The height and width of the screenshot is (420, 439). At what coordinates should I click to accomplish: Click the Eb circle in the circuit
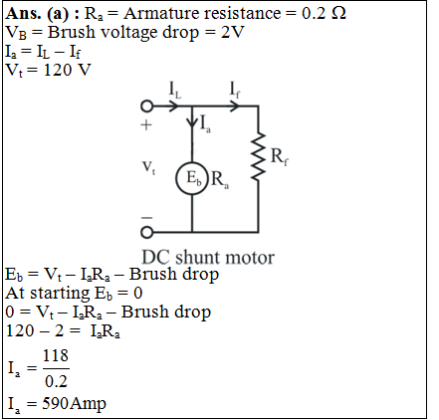tap(176, 178)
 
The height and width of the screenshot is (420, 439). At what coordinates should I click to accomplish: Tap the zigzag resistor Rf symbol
tap(258, 156)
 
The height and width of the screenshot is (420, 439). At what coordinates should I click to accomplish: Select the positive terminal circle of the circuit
tap(146, 106)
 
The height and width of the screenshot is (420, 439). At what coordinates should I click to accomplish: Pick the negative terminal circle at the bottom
tap(146, 232)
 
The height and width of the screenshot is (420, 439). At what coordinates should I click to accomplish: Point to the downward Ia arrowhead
tap(192, 122)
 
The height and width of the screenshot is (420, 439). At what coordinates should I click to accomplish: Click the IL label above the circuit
tap(175, 91)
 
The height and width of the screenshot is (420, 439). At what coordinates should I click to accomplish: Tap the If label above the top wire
tap(235, 91)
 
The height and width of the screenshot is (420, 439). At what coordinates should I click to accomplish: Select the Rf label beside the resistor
tap(280, 156)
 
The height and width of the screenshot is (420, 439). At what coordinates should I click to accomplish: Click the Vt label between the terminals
tap(148, 168)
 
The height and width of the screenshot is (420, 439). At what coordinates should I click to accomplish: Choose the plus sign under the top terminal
tap(146, 125)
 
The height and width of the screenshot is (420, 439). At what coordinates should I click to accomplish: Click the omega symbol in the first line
tap(338, 13)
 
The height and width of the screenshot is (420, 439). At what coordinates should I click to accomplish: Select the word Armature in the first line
tap(161, 13)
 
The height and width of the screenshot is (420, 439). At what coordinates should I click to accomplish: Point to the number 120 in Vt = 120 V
tap(58, 70)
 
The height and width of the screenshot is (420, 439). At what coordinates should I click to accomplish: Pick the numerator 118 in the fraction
tap(56, 355)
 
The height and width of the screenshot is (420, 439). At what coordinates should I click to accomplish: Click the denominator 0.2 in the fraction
tap(56, 381)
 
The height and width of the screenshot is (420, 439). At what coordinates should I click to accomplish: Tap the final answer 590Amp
tap(74, 403)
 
